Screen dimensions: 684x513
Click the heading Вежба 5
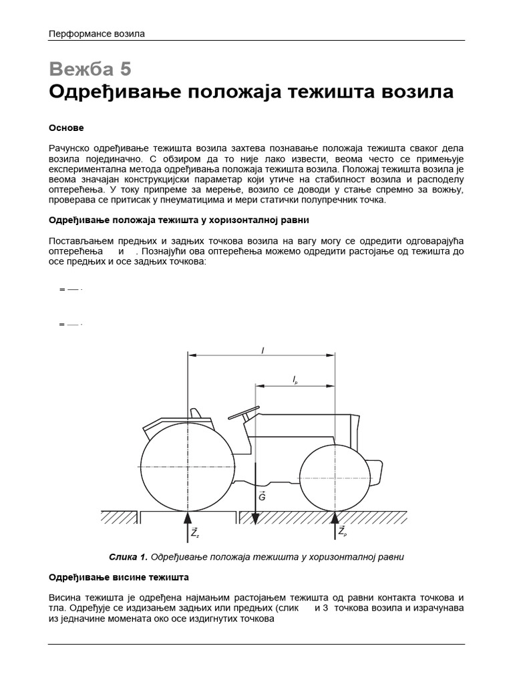pos(90,69)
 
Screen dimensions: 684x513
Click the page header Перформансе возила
pos(97,33)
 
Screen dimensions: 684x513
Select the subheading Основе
pos(66,128)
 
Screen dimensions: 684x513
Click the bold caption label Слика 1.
pos(128,556)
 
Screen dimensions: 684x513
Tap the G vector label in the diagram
pos(262,497)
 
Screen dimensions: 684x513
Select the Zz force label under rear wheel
pos(194,532)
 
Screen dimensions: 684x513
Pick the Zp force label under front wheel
pos(342,532)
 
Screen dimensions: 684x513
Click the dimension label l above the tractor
pos(262,350)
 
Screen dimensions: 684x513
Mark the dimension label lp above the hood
pos(295,379)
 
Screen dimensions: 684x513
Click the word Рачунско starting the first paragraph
pos(71,148)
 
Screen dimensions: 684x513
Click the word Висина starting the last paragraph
pos(66,596)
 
